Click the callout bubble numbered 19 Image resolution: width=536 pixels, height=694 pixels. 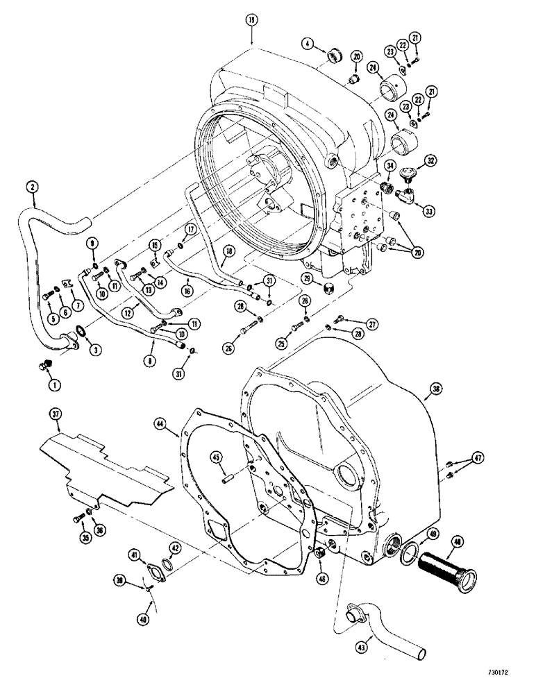coord(251,22)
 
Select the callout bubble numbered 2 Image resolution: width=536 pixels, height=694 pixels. coord(31,186)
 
